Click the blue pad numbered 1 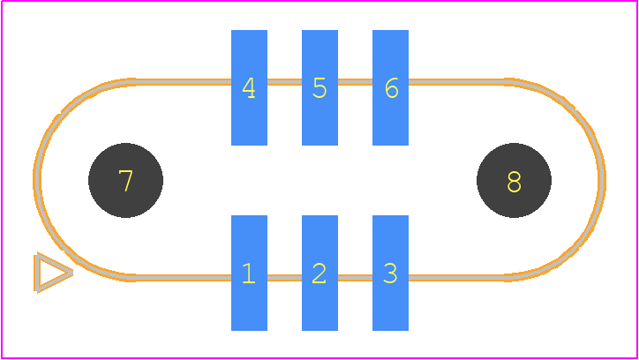(249, 273)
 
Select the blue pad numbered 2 (319, 273)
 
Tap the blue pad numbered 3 (390, 273)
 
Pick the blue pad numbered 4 (249, 87)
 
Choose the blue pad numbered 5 (319, 87)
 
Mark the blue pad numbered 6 (390, 87)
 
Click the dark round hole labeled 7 (125, 180)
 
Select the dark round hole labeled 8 (514, 180)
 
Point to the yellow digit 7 (125, 181)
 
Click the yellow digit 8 (514, 182)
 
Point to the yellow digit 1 (248, 273)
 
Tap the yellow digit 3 (390, 273)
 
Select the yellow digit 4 (249, 88)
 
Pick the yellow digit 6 (391, 88)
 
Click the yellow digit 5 (319, 88)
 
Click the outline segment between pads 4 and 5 (284, 82)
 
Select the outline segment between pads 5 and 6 (355, 82)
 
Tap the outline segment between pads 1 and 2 (284, 278)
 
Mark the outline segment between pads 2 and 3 (355, 278)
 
